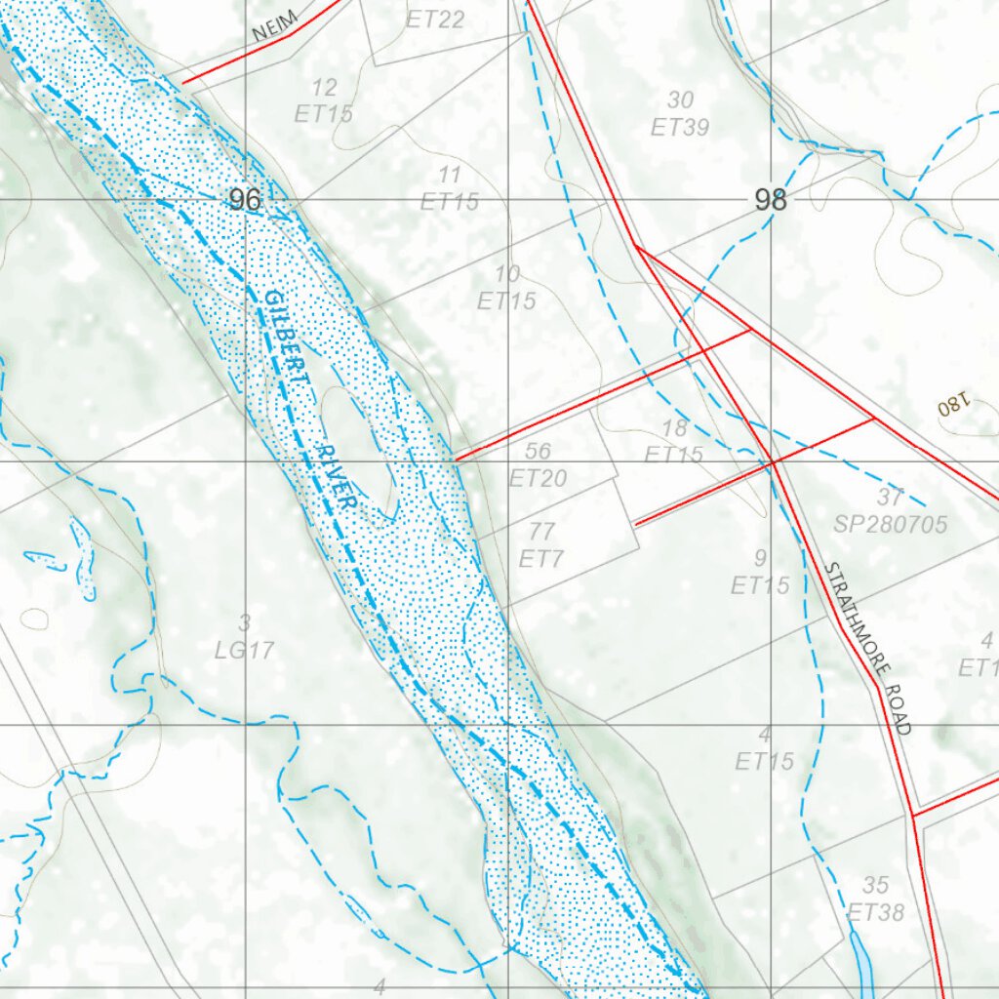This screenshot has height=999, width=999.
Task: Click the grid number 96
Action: click(x=245, y=200)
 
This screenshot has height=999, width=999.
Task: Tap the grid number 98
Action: click(x=770, y=200)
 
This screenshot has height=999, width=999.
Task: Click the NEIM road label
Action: click(x=273, y=26)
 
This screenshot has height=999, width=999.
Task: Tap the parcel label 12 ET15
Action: click(x=324, y=101)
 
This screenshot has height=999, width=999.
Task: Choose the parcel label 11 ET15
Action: click(x=450, y=188)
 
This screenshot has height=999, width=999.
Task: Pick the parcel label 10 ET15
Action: click(x=506, y=288)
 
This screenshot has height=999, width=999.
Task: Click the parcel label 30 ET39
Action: click(x=680, y=113)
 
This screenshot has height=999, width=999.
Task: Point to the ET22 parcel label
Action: click(x=435, y=19)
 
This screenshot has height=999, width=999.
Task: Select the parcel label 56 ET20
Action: click(x=538, y=464)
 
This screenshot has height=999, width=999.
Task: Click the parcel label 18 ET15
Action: click(x=674, y=441)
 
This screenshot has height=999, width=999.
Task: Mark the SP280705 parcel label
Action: click(x=890, y=525)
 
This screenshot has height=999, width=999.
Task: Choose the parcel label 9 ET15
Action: click(x=761, y=572)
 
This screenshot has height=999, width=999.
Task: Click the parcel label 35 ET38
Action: click(x=875, y=899)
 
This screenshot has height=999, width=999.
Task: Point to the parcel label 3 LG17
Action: click(x=245, y=636)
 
